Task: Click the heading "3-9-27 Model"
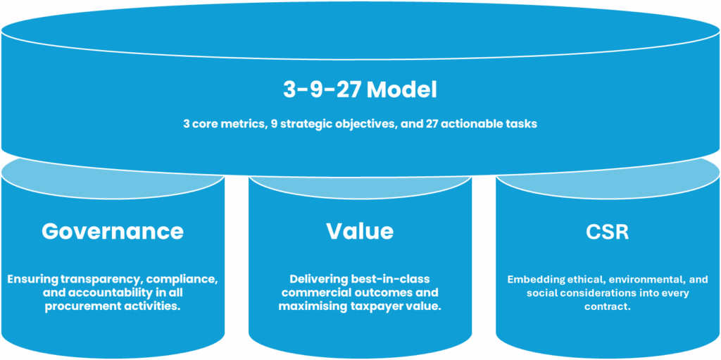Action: click(360, 91)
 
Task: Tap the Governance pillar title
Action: click(113, 231)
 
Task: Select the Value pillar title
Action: click(360, 231)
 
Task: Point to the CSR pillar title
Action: click(608, 231)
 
